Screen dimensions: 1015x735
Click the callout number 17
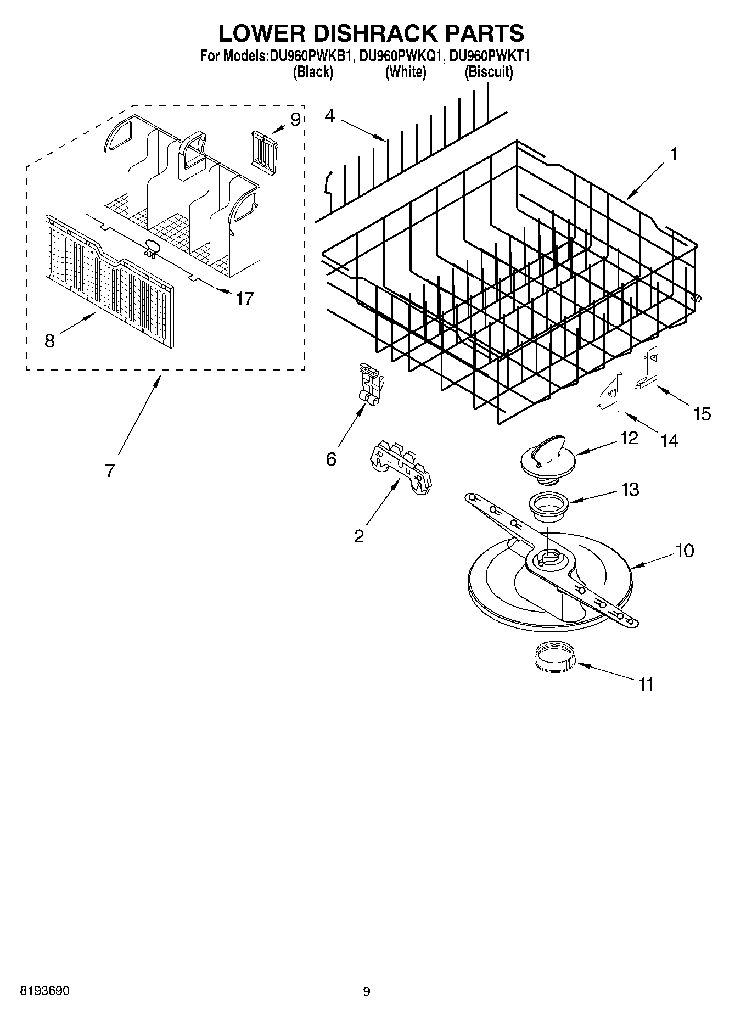click(x=245, y=299)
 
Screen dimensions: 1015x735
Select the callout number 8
click(x=49, y=341)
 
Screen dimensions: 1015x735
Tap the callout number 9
click(x=295, y=119)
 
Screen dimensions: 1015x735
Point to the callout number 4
click(x=329, y=116)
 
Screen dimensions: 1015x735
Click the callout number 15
click(x=702, y=413)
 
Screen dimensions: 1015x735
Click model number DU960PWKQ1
click(x=401, y=56)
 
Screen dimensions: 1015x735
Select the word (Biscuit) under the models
click(x=489, y=72)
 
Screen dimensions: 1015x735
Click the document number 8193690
click(x=44, y=991)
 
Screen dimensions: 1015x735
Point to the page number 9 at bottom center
click(x=367, y=991)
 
